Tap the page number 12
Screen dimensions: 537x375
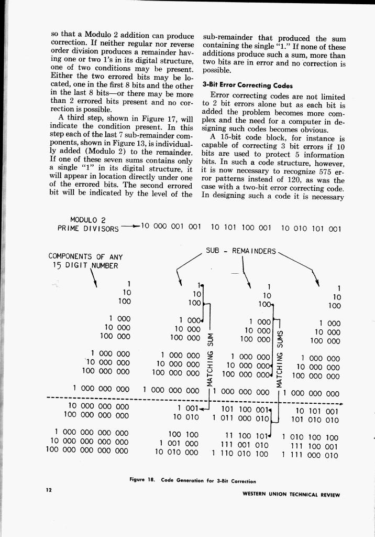[x=49, y=490]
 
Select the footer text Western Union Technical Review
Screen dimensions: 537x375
[x=291, y=495]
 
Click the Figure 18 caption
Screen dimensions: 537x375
[x=193, y=480]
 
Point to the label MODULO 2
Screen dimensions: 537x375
[x=88, y=220]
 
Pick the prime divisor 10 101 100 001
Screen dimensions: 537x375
[x=241, y=228]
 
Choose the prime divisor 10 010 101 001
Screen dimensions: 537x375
[x=311, y=229]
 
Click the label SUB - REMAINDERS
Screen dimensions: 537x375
[x=241, y=251]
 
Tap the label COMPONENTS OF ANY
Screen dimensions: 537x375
[x=85, y=256]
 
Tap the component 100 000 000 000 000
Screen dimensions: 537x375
[x=87, y=450]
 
